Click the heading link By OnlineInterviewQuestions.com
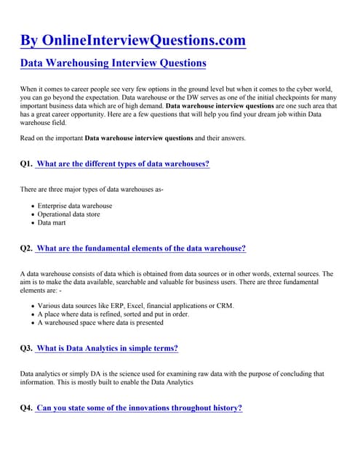(133, 40)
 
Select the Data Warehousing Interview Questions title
(113, 63)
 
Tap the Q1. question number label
(26, 164)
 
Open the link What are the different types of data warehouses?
(122, 164)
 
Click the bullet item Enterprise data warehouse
(75, 206)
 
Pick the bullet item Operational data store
(74, 214)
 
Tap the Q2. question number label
(26, 248)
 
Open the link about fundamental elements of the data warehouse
(140, 248)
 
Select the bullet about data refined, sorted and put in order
(113, 315)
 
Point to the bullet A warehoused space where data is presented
(100, 323)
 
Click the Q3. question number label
(26, 349)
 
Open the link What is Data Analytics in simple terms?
(107, 349)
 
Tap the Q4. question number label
(26, 408)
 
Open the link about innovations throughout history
(139, 408)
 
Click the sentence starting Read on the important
(133, 138)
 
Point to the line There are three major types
(92, 190)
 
